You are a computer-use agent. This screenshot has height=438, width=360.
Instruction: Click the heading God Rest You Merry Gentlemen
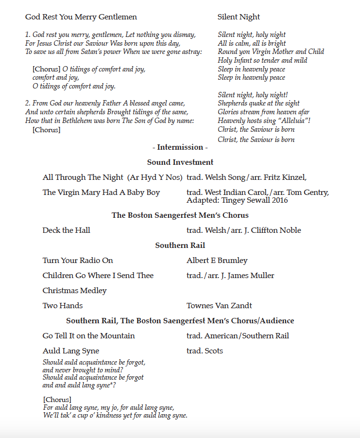pos(81,17)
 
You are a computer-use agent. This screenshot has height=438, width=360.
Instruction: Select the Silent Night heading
pos(239,17)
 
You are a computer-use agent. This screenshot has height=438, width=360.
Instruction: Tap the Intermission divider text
pos(180,147)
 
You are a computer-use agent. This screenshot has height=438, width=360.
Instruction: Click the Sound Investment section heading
pos(180,162)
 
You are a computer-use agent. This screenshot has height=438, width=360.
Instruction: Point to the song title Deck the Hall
pos(66,230)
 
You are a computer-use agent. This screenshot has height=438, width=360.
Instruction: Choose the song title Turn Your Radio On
pos(78,261)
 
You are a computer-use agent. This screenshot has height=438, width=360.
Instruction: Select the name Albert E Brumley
pos(217,261)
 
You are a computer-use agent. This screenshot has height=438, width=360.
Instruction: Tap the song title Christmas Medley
pos(74,291)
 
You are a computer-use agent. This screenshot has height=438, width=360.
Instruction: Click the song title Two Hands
pos(63,306)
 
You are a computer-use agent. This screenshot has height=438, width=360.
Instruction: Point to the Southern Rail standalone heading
pos(180,245)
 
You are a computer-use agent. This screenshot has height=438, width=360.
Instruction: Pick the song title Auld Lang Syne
pos(71,351)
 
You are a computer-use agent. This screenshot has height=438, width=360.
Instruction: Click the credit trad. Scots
pos(205,351)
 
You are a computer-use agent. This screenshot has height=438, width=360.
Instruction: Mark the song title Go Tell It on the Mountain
pos(88,336)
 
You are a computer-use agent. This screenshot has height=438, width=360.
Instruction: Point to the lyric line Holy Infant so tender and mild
pos(262,60)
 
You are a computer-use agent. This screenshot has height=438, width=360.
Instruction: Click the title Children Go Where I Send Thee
pos(98,276)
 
